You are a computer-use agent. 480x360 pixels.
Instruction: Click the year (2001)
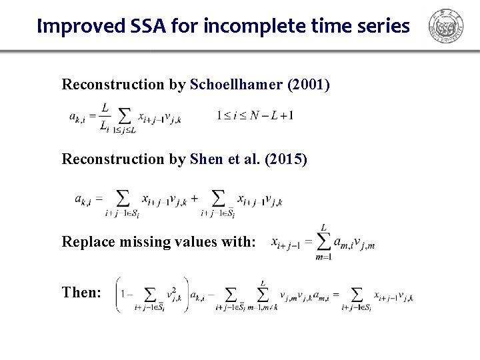308,85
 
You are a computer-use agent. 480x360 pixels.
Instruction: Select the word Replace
85,242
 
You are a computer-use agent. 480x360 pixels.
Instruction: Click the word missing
142,242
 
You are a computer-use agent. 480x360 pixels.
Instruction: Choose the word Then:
81,292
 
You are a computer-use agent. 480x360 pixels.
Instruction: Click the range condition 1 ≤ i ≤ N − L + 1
255,115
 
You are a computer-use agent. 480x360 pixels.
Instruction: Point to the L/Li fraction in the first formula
105,116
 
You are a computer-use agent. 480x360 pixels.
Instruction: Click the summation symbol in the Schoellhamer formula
123,115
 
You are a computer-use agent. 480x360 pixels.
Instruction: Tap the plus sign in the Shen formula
194,199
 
